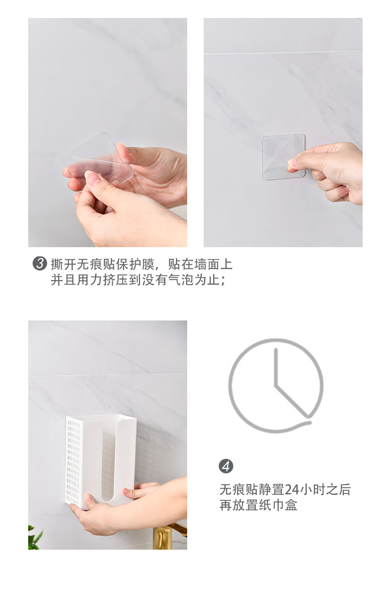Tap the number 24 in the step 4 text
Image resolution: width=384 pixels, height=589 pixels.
[292, 489]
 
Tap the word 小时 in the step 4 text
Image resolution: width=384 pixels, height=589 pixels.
[312, 489]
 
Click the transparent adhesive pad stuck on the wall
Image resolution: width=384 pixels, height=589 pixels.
[283, 157]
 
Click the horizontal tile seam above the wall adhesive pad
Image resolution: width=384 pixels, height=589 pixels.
[283, 52]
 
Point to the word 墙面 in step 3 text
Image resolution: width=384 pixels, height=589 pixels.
[207, 264]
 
